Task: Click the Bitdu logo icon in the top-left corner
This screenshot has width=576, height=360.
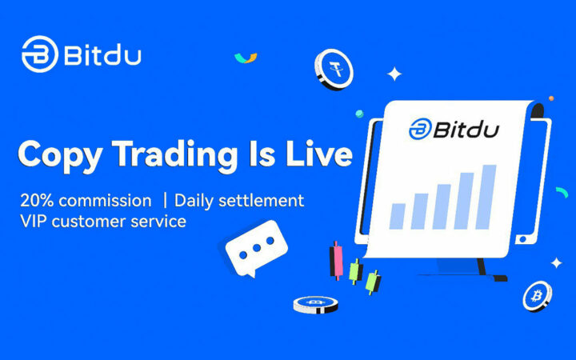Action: (39, 54)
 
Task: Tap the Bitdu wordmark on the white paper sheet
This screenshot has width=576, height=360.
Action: (453, 129)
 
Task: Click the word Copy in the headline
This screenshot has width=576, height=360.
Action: (64, 154)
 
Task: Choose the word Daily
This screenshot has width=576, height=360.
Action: (196, 200)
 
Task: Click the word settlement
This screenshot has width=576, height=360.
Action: (263, 200)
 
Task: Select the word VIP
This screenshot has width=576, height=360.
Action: (35, 221)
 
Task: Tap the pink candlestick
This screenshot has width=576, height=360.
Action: (336, 258)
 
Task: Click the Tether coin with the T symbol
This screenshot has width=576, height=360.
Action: (333, 70)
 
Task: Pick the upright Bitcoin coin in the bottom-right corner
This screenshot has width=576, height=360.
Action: (537, 296)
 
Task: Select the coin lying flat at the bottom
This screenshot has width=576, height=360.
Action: (315, 304)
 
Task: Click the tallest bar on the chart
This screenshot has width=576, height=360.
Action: (487, 196)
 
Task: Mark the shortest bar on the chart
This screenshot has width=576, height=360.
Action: (398, 214)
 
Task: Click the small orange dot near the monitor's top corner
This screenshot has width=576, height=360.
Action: (550, 98)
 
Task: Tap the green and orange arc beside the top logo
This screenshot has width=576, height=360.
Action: (246, 58)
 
